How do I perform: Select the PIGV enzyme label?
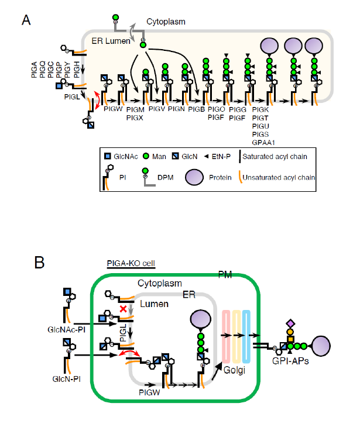click(157, 109)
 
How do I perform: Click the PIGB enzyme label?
click(197, 109)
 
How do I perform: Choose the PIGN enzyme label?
click(177, 109)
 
